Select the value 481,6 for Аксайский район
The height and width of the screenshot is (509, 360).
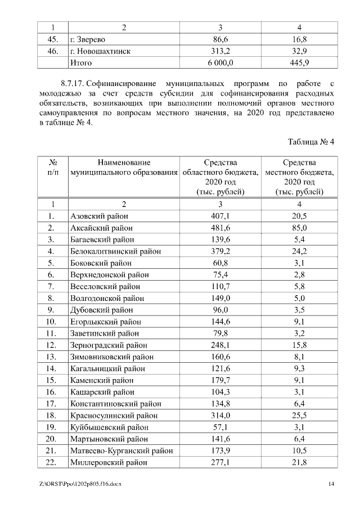click(x=220, y=228)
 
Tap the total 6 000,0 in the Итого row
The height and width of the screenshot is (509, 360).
click(x=220, y=63)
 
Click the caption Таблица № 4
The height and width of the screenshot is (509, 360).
click(x=311, y=142)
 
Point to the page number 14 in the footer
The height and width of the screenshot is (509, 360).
click(x=331, y=484)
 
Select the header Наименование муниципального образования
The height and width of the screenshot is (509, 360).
click(x=123, y=167)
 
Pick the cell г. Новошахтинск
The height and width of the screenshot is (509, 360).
click(x=101, y=51)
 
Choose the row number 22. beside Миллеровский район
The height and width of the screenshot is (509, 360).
click(x=51, y=462)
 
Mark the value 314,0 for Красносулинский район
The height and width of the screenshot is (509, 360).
click(x=220, y=416)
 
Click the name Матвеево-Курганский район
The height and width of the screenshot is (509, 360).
click(x=121, y=451)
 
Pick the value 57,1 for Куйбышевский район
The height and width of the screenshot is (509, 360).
click(x=220, y=427)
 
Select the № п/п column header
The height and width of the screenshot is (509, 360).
click(x=51, y=167)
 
